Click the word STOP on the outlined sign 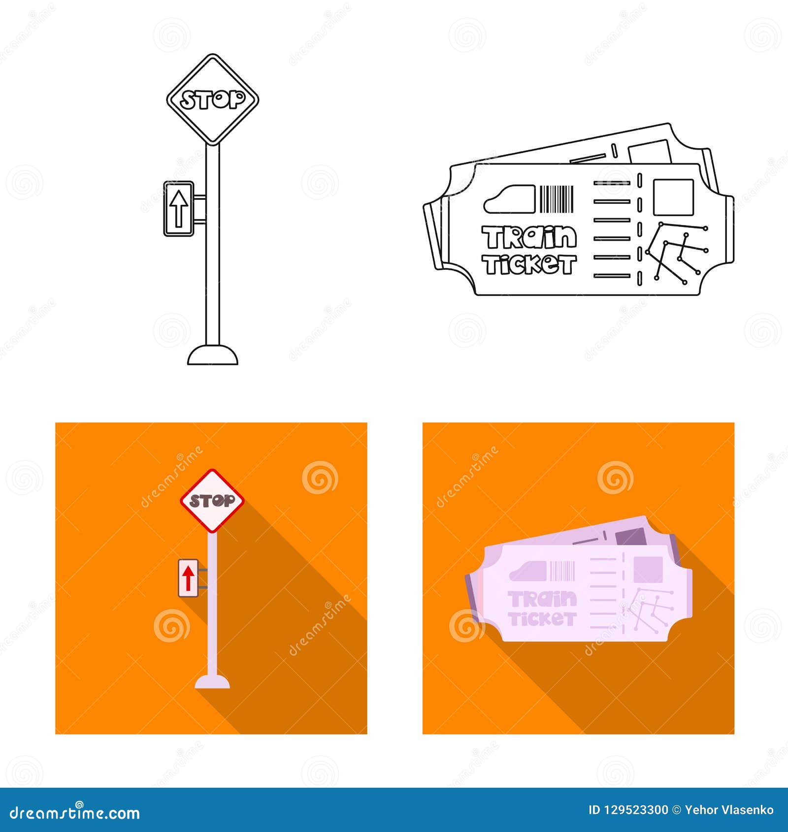coord(212,99)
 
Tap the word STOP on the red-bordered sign coord(212,501)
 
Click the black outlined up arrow coord(179,208)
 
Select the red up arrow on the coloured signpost coord(188,578)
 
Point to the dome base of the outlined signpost coord(213,355)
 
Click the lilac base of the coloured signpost coord(212,682)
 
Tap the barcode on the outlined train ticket coord(557,199)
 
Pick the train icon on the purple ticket coord(528,572)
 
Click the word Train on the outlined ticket coord(529,237)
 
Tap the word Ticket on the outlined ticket coord(529,264)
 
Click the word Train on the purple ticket coord(542,599)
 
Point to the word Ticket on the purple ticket coord(542,619)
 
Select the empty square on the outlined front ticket coord(673,197)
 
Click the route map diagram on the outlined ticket coord(677,252)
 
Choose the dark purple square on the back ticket coord(631,537)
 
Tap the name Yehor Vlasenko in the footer coord(729,810)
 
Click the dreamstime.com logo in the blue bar coord(75,812)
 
